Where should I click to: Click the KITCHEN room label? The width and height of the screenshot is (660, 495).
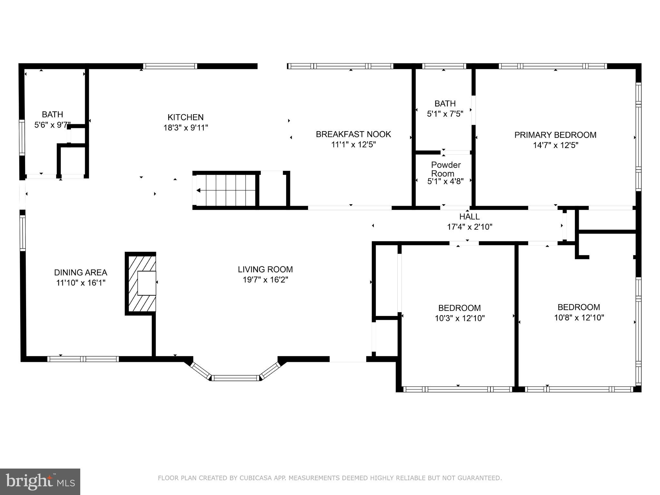[185, 117]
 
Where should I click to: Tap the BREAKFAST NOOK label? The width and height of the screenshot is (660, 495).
[353, 134]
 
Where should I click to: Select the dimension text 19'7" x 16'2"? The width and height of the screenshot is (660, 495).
[265, 280]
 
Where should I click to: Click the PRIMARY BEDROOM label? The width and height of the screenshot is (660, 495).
[555, 135]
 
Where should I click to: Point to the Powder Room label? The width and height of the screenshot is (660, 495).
[446, 169]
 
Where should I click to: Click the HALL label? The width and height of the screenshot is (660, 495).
[469, 216]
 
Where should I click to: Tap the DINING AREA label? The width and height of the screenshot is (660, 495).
[81, 272]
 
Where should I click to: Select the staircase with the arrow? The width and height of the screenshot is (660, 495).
[226, 190]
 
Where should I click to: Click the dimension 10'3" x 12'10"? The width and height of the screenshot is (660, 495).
[460, 318]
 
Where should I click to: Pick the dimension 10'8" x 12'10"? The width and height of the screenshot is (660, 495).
[579, 318]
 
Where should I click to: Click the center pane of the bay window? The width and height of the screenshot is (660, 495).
[235, 378]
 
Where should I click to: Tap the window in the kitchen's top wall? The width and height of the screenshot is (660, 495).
[170, 66]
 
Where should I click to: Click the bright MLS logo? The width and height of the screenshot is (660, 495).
[40, 481]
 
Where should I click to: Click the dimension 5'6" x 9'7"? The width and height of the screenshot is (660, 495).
[52, 125]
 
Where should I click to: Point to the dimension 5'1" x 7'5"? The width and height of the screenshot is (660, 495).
[445, 114]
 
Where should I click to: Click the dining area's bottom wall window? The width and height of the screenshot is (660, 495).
[83, 359]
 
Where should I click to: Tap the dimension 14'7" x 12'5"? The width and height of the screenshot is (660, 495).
[555, 145]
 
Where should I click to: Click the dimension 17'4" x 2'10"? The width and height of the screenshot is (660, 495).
[469, 227]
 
